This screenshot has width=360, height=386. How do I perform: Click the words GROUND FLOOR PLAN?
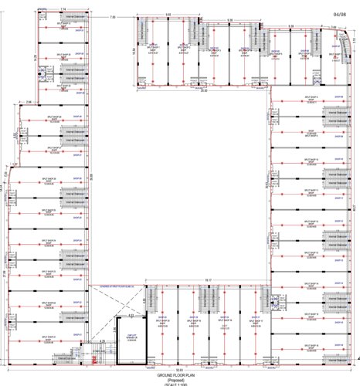[179, 374]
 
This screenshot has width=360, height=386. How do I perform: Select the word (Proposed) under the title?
[179, 379]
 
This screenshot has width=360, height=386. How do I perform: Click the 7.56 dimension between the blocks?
[113, 16]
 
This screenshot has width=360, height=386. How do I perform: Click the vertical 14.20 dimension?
[35, 58]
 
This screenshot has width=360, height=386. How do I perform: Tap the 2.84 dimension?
[28, 101]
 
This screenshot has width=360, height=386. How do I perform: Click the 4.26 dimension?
[101, 340]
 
